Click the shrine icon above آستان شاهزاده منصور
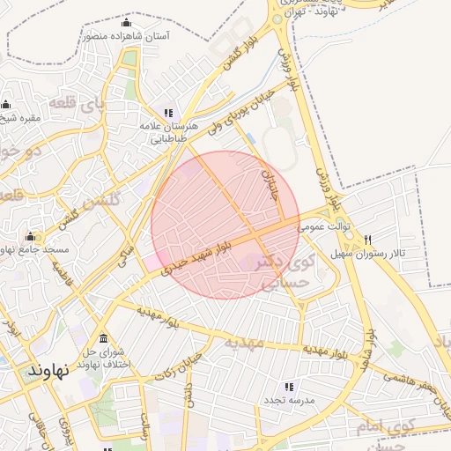coord(126,23)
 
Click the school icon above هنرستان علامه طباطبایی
coord(167,113)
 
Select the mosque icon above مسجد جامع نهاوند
coord(31,236)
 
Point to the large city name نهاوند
coord(48,370)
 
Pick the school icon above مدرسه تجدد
coord(288,387)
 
